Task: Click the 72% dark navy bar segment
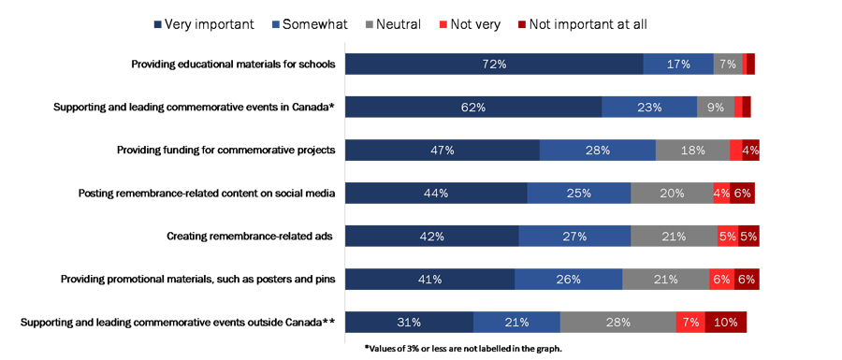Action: tap(495, 65)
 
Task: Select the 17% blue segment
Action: tap(679, 65)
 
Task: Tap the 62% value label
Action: tap(473, 108)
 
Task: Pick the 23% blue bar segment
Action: tap(649, 108)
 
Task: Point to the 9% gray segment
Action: tap(716, 108)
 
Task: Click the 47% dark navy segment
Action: tap(443, 150)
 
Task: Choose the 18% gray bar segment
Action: tap(692, 150)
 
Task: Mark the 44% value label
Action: tap(436, 194)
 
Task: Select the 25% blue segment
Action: tap(579, 194)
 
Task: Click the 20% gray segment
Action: tap(672, 194)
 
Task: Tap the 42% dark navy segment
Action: tap(431, 237)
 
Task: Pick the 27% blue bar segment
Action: tap(573, 237)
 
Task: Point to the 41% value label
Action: tap(429, 279)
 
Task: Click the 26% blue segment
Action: tap(568, 279)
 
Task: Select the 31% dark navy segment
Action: tap(409, 322)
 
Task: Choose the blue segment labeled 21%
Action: tap(516, 322)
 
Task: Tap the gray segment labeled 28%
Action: tap(617, 322)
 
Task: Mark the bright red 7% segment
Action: tap(690, 322)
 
